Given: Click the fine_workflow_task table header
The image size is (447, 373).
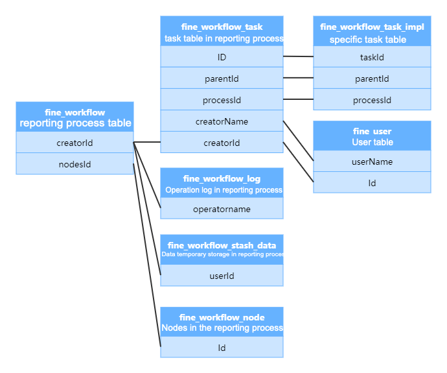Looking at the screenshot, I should tap(222, 32).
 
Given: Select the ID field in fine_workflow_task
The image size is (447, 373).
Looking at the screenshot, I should tap(222, 58).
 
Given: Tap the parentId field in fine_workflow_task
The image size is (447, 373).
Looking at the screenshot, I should tap(222, 79).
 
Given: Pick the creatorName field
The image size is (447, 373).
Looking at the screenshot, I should tap(222, 121).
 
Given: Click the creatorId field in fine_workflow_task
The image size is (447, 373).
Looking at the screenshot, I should tap(222, 143).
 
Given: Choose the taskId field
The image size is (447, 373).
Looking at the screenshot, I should tap(372, 58).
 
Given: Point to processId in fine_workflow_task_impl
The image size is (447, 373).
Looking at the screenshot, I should tap(372, 101).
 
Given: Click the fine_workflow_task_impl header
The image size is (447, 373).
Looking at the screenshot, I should tap(372, 32).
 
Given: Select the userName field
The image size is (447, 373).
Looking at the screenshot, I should tap(372, 162).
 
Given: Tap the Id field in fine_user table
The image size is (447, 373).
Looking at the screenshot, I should tap(372, 183).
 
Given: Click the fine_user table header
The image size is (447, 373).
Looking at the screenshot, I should tap(372, 136).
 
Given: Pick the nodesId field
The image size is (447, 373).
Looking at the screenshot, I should tap(74, 164).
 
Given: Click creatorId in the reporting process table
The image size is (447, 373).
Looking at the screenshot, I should tap(74, 143).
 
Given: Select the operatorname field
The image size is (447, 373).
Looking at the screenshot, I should tap(222, 209).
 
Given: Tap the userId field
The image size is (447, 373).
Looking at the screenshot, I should tap(222, 276).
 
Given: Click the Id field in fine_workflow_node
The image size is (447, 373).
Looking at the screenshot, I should tap(222, 348).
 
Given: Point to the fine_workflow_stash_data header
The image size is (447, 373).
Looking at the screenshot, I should tap(222, 249).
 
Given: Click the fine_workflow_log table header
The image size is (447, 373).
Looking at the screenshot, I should tap(222, 184).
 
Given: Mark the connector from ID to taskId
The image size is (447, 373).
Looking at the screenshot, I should tap(298, 56).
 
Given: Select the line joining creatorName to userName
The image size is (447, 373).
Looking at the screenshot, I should tap(299, 140).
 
